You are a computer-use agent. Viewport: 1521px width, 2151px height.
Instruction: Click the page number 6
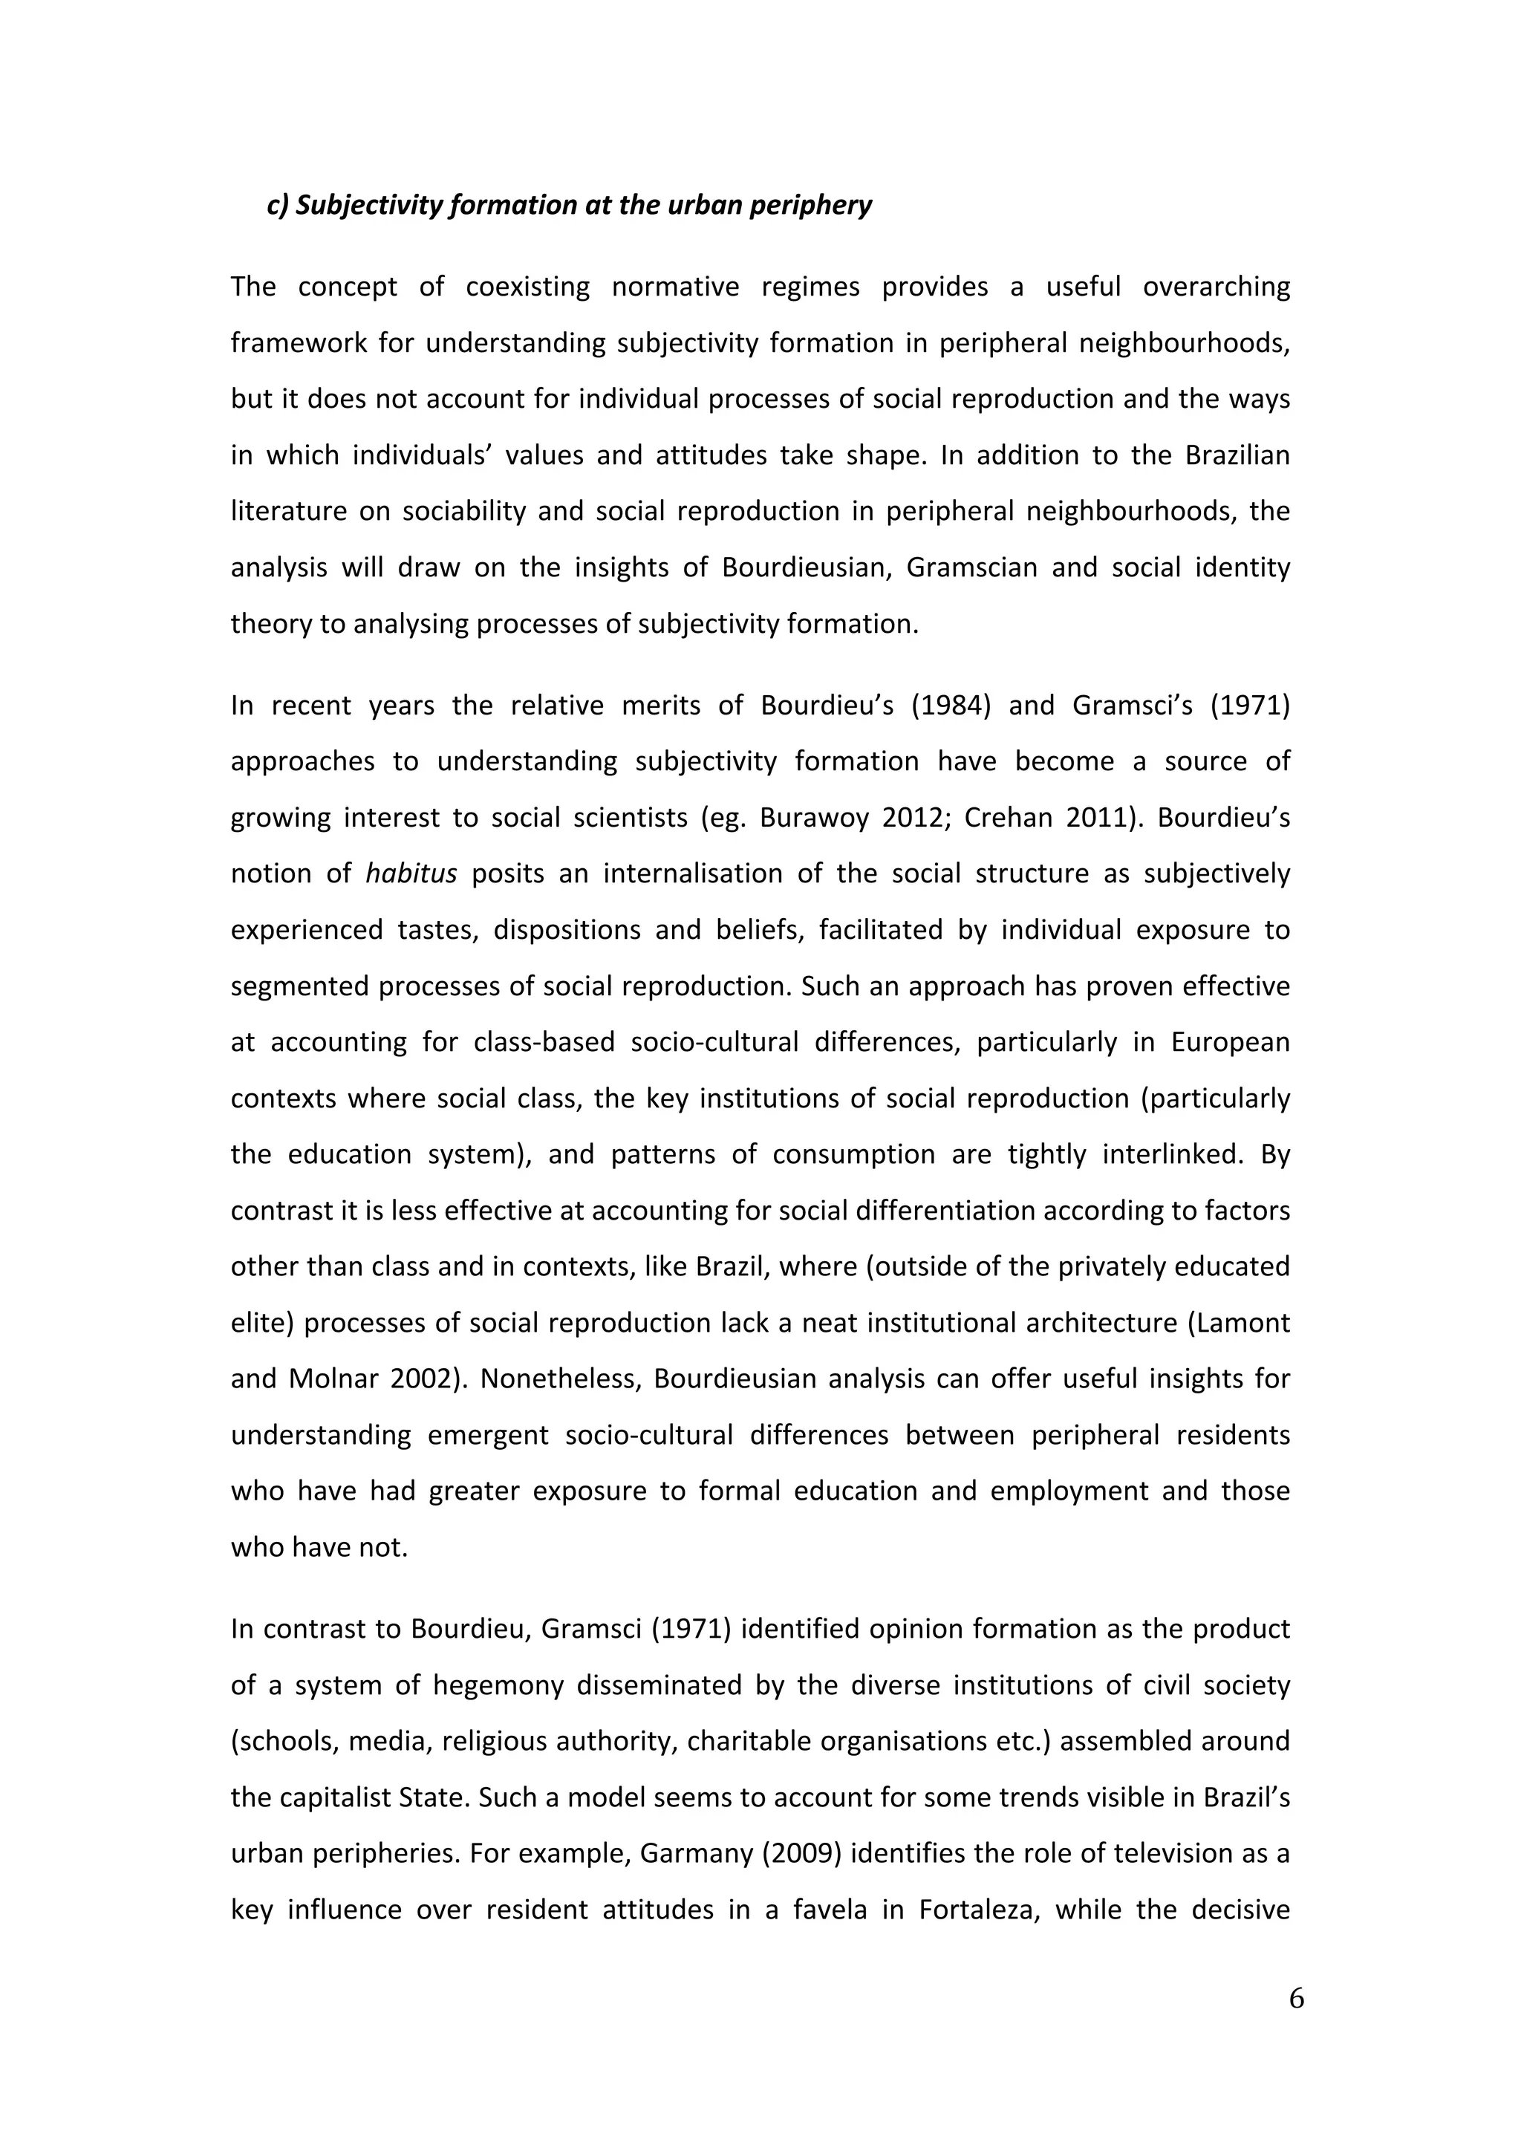tap(1296, 1998)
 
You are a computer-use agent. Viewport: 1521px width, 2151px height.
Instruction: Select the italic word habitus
tap(411, 874)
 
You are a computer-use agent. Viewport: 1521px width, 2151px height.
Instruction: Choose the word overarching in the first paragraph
tap(1217, 287)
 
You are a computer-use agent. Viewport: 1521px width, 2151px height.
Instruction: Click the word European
tap(1230, 1042)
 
